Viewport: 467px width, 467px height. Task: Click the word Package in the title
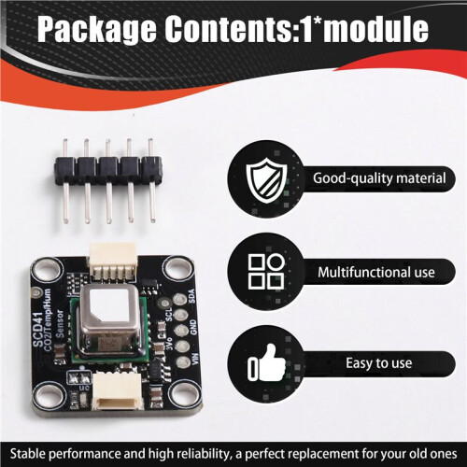97,29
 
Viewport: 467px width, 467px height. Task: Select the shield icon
266,180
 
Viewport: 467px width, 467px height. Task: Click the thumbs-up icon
266,362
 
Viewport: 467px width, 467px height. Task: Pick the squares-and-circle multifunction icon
266,271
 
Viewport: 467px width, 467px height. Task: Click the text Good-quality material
379,178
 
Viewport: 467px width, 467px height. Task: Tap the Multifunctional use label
376,273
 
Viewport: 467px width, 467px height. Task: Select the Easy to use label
379,363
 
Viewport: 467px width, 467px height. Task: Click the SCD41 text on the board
37,330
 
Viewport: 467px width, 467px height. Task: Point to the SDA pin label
191,296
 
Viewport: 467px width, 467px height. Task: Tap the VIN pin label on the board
195,359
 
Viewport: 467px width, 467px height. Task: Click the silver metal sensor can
109,320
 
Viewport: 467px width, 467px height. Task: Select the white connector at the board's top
113,261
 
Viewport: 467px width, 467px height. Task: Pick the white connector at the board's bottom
118,390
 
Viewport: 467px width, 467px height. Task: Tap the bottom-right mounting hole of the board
182,396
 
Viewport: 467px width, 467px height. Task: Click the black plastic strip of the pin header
108,170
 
